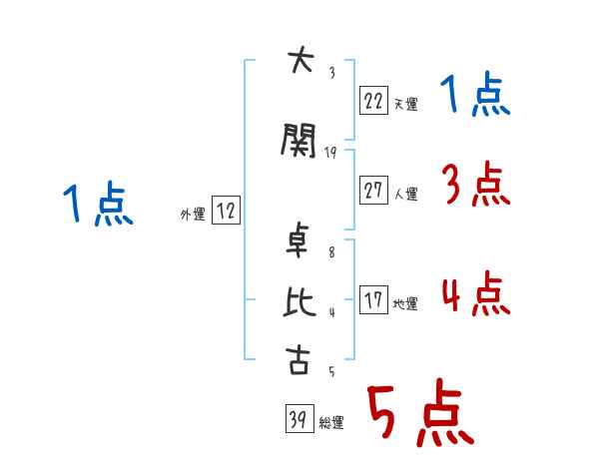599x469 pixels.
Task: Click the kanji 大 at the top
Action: click(299, 61)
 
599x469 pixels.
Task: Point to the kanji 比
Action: click(299, 302)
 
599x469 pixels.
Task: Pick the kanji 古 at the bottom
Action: click(299, 359)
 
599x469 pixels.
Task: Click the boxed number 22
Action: click(372, 100)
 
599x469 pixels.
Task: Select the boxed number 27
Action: click(372, 191)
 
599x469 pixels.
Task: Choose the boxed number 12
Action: click(226, 211)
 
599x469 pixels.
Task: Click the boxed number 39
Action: click(298, 419)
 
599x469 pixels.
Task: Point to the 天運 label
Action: click(405, 103)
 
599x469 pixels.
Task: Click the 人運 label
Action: click(405, 194)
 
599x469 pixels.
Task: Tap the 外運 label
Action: click(192, 214)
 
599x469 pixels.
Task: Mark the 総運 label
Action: click(331, 423)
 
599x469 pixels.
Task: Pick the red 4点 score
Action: click(476, 294)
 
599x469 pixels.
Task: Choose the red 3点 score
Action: click(476, 184)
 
